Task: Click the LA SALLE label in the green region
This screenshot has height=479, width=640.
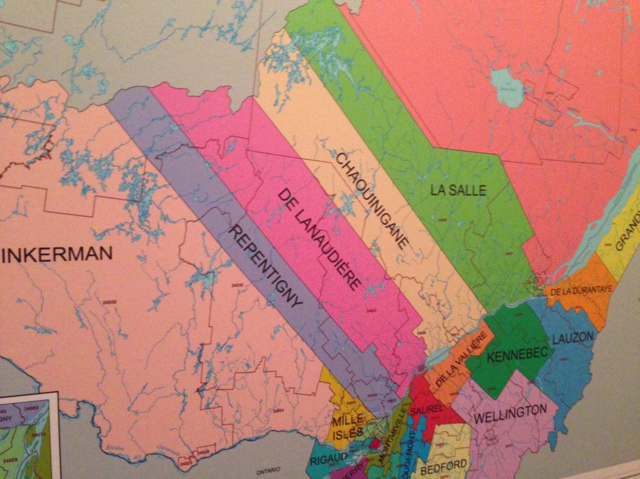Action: click(459, 189)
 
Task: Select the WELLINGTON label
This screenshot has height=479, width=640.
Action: click(510, 412)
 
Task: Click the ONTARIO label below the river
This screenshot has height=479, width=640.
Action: click(268, 472)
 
